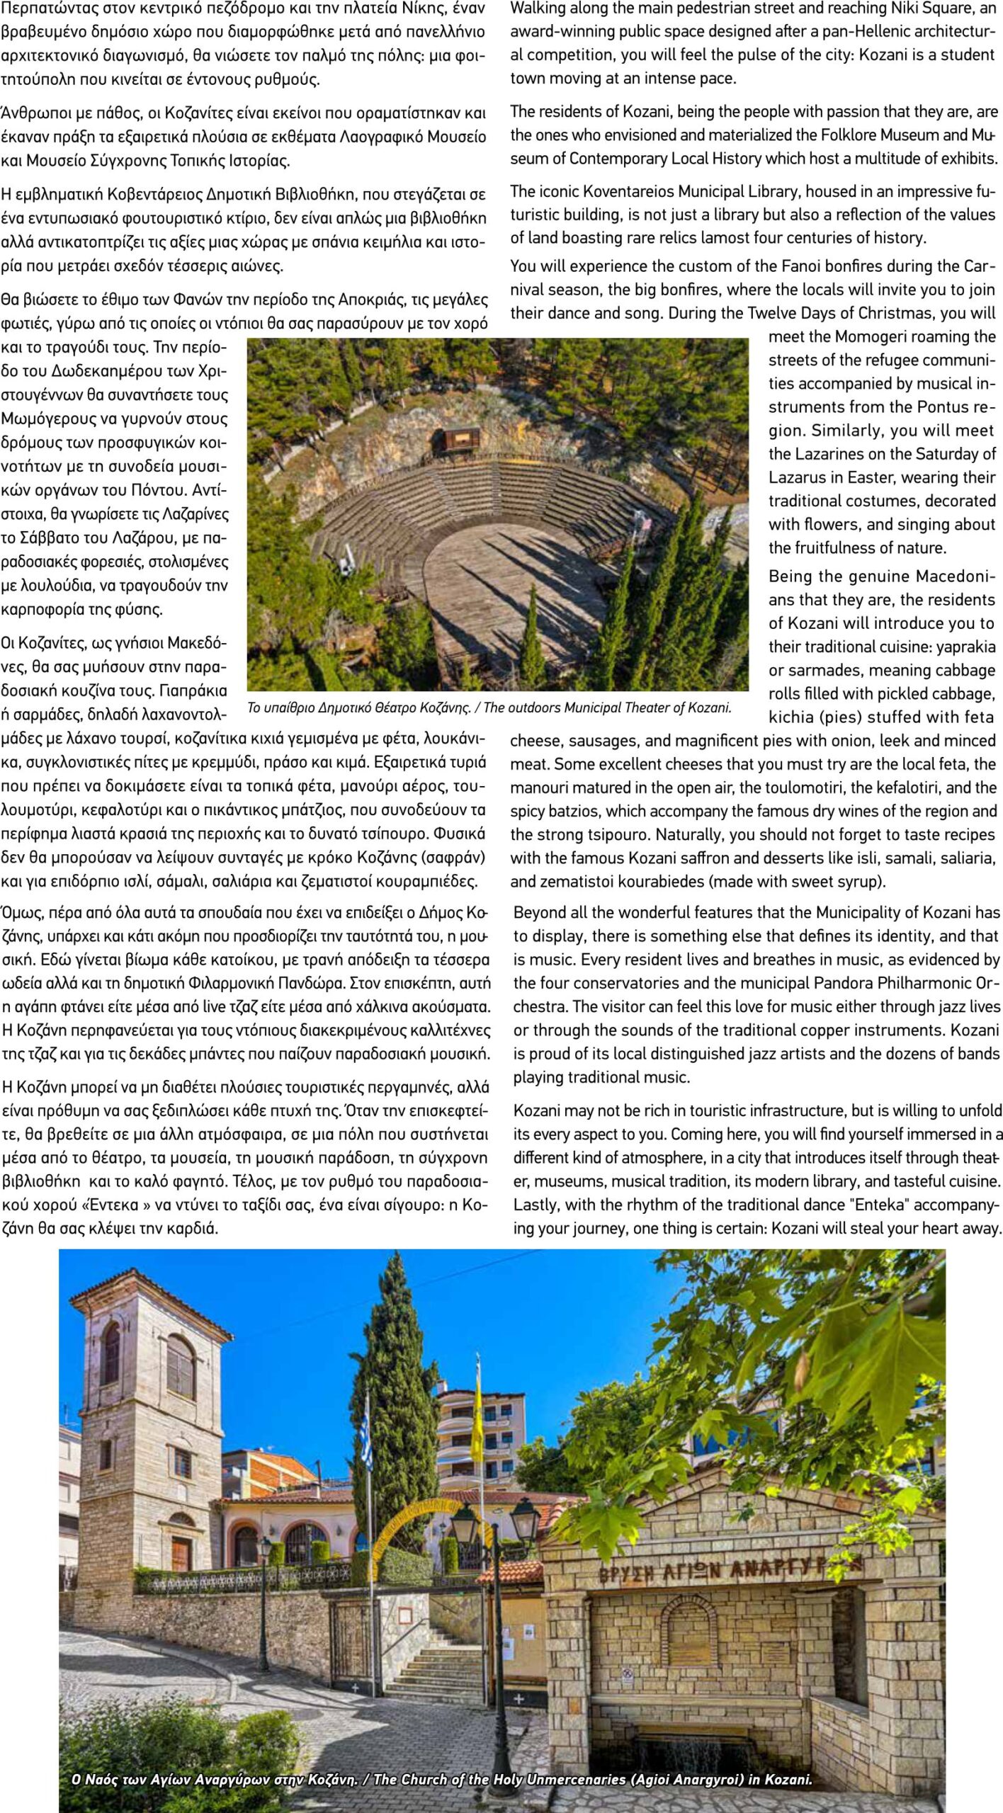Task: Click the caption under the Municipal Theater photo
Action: tap(489, 707)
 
